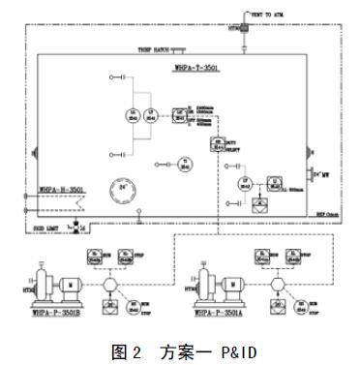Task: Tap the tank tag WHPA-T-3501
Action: (196, 69)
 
